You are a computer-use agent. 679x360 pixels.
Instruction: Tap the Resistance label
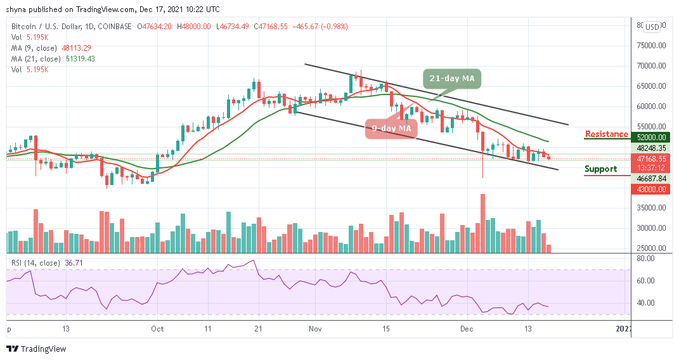coord(606,134)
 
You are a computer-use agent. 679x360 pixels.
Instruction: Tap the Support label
coord(600,169)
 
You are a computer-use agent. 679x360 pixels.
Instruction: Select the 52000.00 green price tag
coord(652,137)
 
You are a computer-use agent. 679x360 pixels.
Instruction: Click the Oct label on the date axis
coord(157,328)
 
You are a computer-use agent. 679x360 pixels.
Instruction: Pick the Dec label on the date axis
coord(467,328)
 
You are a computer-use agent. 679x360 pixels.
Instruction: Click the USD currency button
coord(652,27)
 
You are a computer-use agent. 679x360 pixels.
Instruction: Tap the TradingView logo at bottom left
coord(36,349)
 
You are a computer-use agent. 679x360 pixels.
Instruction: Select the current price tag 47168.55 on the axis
coord(652,159)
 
